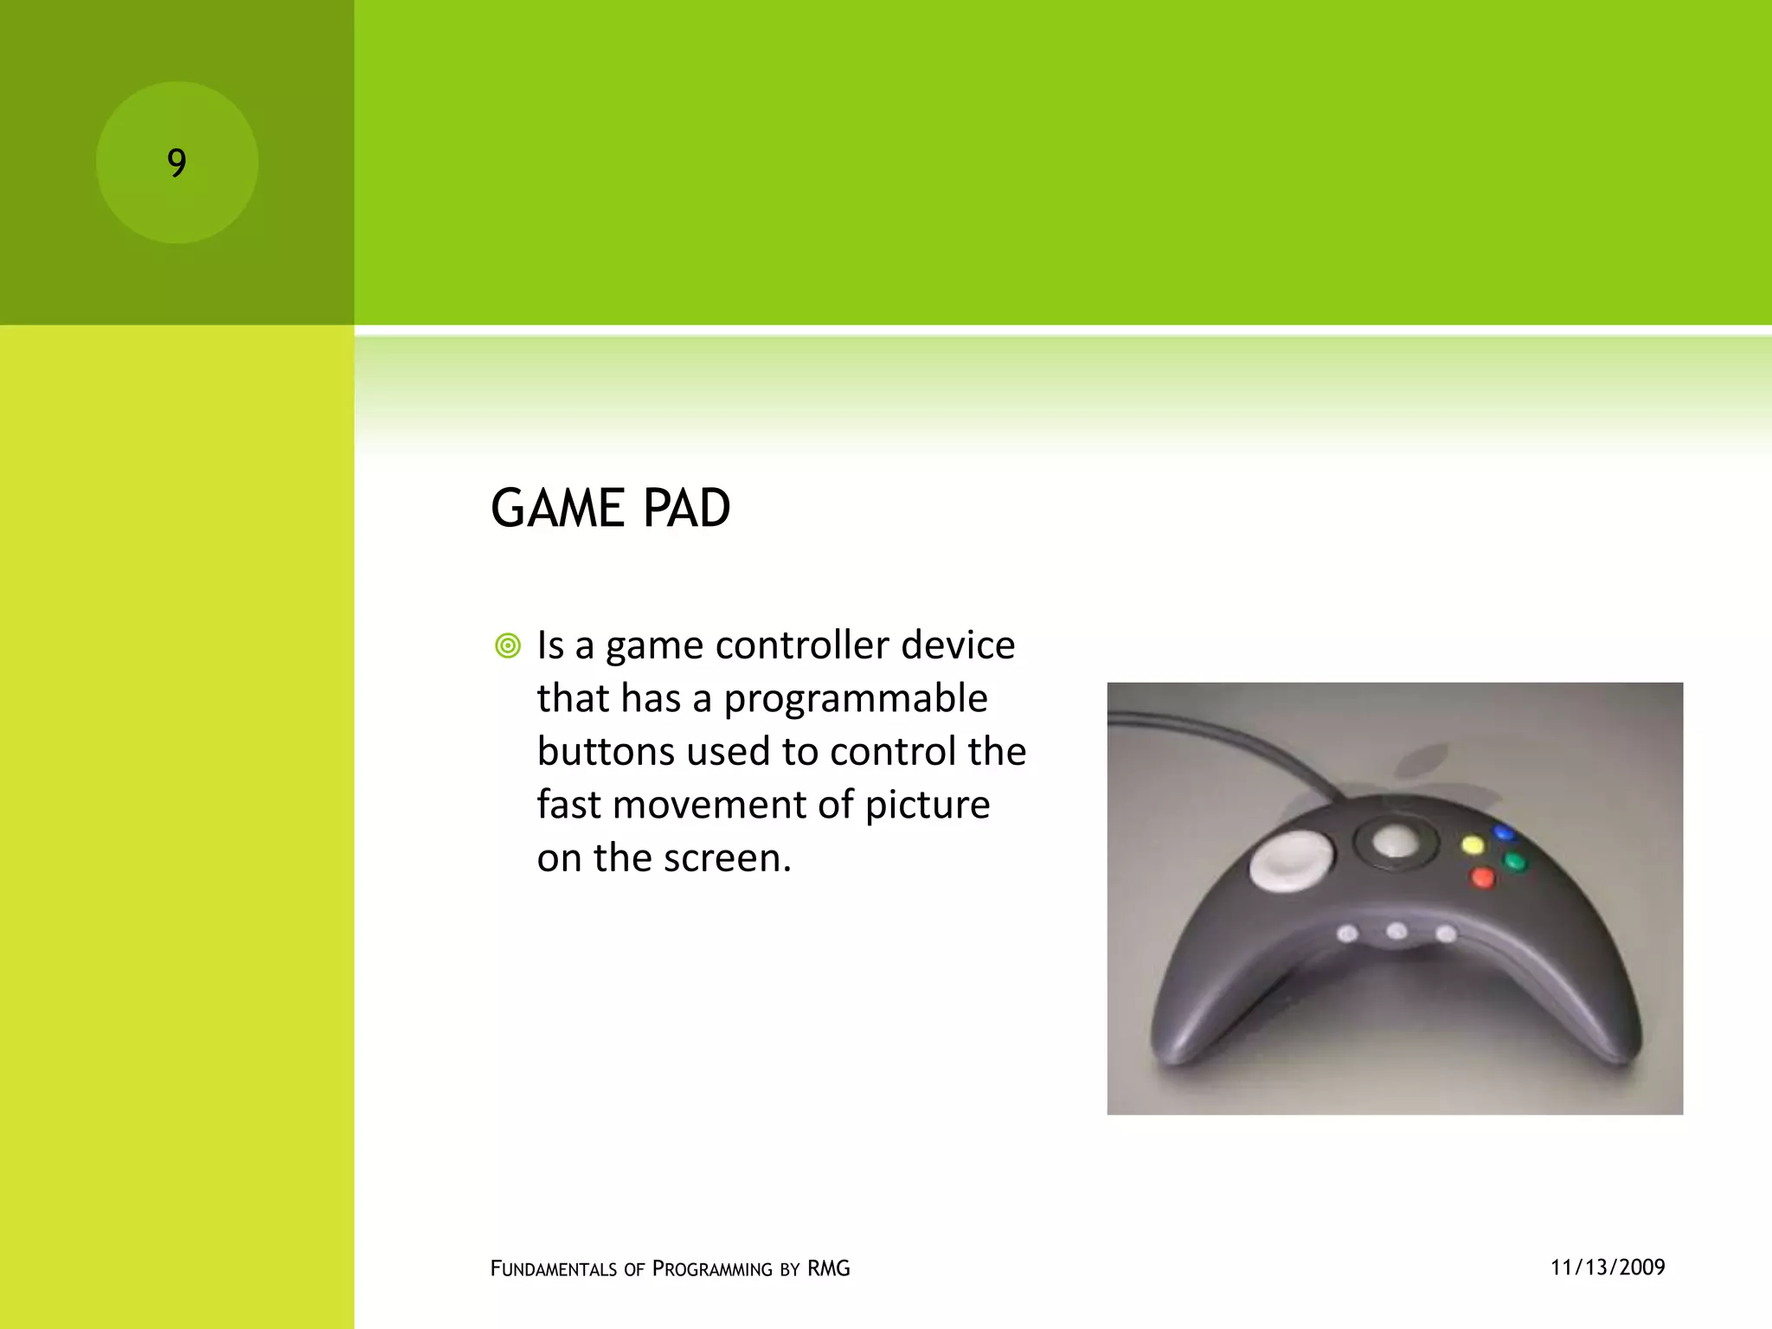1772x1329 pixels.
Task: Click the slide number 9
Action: point(177,163)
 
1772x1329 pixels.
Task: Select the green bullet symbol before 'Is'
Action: point(508,645)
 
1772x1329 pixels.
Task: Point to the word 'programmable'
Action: point(855,698)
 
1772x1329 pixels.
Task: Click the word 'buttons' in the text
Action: point(605,751)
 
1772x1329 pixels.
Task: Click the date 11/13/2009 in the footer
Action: point(1607,1268)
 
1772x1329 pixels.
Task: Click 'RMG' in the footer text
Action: point(828,1268)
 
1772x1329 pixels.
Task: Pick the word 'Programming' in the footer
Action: point(711,1268)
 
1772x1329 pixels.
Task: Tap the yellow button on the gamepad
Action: point(1472,844)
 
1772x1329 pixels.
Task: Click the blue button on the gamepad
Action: point(1504,833)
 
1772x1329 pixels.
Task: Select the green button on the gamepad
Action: point(1514,862)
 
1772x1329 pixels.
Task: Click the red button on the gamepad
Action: point(1482,878)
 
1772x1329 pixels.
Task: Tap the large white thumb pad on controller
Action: point(1291,859)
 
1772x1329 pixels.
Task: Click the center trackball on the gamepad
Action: point(1394,840)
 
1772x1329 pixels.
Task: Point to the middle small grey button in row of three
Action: point(1396,931)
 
